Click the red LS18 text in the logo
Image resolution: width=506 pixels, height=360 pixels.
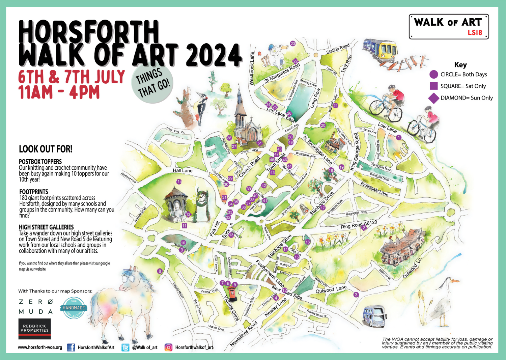(x=475, y=33)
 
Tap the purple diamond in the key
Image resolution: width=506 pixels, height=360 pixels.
(x=433, y=98)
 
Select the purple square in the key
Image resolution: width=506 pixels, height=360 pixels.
(x=433, y=86)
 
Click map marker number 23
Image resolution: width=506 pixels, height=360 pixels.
(x=293, y=44)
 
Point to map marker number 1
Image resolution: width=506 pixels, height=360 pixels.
(x=398, y=137)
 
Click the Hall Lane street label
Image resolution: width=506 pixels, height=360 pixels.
(x=182, y=171)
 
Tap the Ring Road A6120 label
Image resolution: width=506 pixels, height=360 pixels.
(x=359, y=225)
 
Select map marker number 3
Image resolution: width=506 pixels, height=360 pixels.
(x=356, y=295)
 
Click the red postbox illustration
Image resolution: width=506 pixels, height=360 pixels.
(x=232, y=294)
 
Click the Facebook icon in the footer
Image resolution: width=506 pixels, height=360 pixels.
(x=71, y=347)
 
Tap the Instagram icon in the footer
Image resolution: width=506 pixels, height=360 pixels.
(x=168, y=347)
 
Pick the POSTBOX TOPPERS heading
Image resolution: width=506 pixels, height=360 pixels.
(x=40, y=162)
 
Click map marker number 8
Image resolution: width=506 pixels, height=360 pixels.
(x=160, y=271)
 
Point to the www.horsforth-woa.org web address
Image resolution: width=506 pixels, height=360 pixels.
(x=40, y=347)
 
